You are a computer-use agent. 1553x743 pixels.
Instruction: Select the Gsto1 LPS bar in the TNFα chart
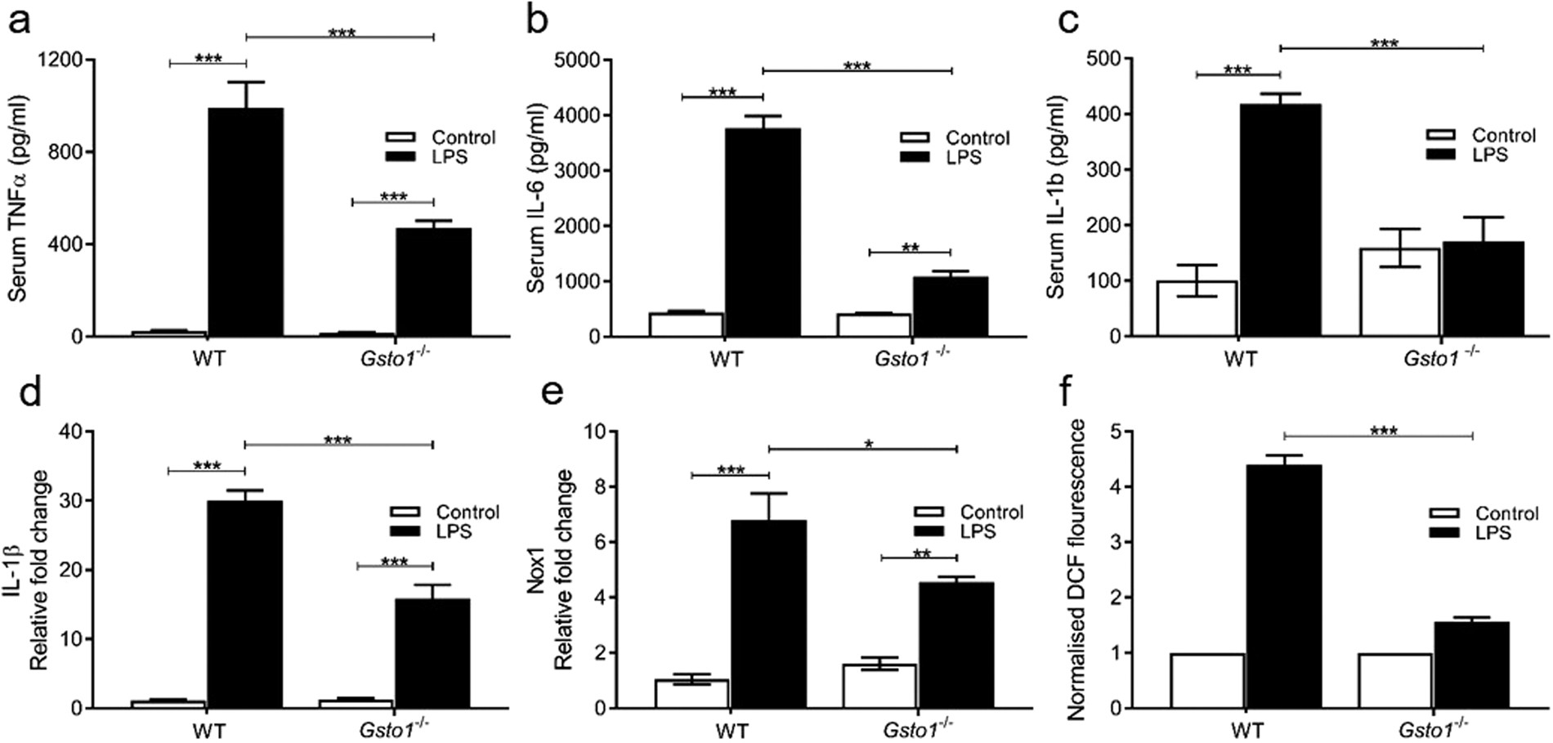click(433, 282)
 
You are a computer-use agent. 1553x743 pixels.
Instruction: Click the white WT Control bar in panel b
click(686, 325)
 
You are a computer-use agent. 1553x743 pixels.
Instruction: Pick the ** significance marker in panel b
click(910, 248)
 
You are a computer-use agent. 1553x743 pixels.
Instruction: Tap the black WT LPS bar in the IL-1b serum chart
click(1280, 221)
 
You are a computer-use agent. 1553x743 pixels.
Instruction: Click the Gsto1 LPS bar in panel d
click(432, 653)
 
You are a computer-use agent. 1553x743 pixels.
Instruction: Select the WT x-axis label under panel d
click(209, 729)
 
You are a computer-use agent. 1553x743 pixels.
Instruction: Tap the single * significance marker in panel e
click(869, 445)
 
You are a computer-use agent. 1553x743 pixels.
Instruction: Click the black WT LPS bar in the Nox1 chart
click(768, 614)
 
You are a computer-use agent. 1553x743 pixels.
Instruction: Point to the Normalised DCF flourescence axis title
click(1077, 570)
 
